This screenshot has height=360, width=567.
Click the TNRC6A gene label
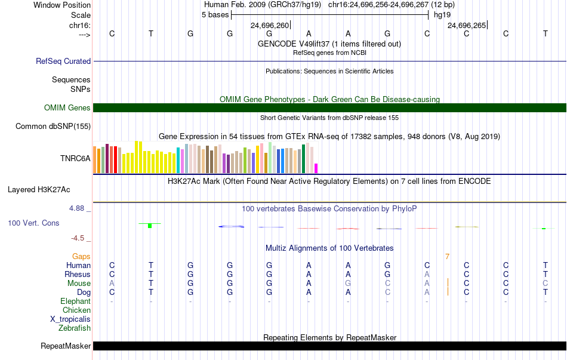point(75,158)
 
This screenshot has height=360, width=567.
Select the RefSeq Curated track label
point(63,61)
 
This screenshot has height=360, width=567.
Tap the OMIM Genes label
point(67,108)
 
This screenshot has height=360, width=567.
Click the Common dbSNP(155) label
point(53,127)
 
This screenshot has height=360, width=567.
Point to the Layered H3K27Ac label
point(39,190)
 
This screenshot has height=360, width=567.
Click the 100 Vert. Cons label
point(33,223)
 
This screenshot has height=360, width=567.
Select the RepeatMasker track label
point(66,346)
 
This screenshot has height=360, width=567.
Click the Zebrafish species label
point(75,328)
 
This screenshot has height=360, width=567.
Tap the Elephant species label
point(76,301)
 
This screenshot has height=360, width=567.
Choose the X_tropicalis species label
point(70,319)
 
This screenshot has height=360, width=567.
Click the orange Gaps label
point(81,257)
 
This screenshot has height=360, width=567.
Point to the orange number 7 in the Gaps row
point(447,257)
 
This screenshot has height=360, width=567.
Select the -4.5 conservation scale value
point(78,238)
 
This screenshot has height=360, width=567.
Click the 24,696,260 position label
point(270,25)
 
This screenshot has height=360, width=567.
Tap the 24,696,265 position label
point(467,25)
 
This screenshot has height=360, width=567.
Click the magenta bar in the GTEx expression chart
point(316,168)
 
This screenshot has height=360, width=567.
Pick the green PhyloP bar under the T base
point(150,226)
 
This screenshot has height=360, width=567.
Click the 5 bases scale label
point(215,15)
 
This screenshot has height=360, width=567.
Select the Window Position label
point(62,5)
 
